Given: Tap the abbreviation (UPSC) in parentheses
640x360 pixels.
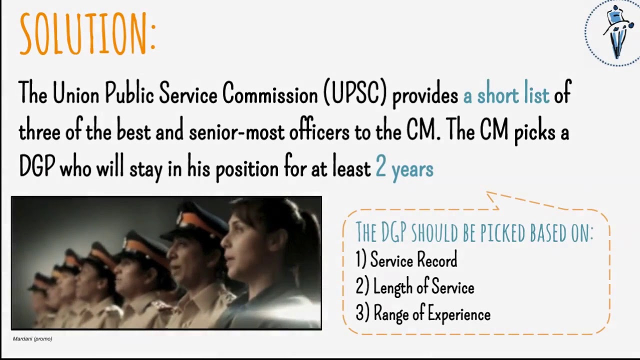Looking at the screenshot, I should (x=355, y=93).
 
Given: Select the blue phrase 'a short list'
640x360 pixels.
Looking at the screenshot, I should (x=506, y=94).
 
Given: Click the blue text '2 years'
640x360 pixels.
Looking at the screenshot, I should (x=404, y=168).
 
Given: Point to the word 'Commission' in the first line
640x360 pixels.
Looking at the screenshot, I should (x=270, y=93).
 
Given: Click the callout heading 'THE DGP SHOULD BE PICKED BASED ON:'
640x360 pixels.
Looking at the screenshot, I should (x=474, y=232).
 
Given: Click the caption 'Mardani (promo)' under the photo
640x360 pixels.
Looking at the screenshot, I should (x=32, y=339).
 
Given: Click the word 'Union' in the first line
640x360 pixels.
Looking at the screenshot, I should (x=75, y=93).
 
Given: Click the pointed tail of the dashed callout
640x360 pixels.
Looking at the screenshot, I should (x=492, y=198).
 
